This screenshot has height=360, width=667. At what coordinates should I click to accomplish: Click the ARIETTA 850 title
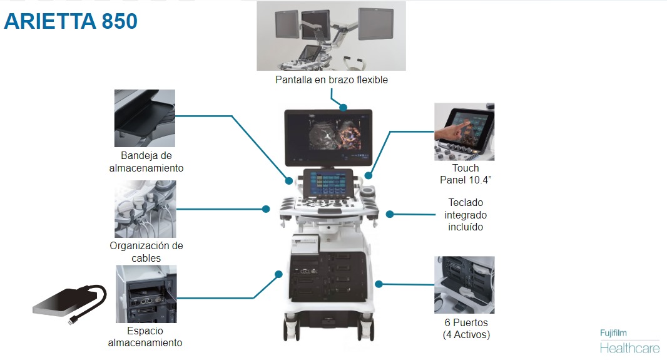coord(71,21)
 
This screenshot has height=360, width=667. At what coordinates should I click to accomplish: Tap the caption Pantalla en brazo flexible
coord(332,80)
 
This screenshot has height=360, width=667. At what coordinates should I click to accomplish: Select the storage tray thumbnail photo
coord(145,118)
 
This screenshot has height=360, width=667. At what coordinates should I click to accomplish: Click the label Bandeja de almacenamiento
coord(146,162)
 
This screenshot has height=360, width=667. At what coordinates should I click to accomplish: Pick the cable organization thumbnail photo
coord(145,209)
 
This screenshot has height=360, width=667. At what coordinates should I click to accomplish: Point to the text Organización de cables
coord(146,252)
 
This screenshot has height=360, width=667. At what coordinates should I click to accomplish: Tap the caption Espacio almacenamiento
coord(145,336)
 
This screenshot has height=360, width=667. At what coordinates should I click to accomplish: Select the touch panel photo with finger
coord(464,132)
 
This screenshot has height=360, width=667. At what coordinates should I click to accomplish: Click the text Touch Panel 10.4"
coord(465,174)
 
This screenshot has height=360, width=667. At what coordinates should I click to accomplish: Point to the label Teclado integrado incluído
coord(466,215)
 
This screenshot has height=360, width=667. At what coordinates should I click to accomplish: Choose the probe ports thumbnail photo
coord(464,285)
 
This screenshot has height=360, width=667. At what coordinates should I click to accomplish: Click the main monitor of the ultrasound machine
coord(328,130)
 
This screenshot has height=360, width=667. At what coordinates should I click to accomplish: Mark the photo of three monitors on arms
coord(331,36)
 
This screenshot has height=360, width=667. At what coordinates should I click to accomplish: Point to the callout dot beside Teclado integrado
coord(389,214)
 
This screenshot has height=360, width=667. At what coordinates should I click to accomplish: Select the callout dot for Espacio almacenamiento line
coord(278,274)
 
